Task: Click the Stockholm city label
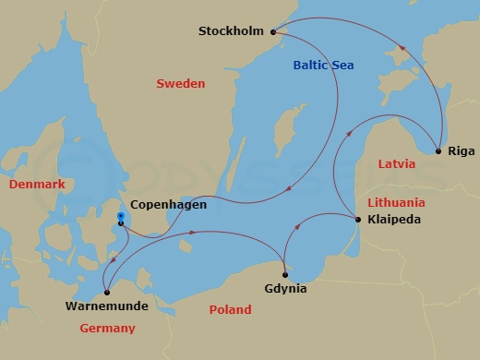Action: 230,31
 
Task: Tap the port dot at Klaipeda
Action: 357,220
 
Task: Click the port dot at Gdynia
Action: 285,274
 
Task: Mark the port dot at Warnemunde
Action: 108,293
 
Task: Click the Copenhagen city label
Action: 169,205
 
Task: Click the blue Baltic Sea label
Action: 323,66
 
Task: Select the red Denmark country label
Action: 37,185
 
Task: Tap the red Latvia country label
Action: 397,164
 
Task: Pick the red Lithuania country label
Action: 396,202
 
